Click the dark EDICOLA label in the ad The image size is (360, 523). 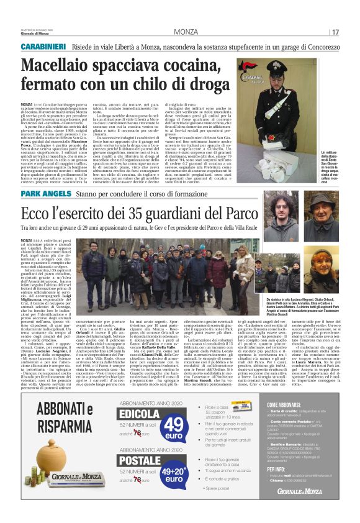click(138, 413)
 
